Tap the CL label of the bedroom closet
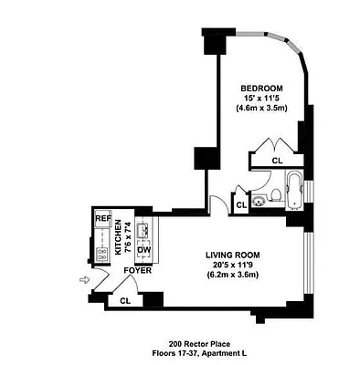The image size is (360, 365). coord(276,162)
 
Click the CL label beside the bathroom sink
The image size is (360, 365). coord(241,206)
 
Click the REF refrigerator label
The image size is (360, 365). coord(103,219)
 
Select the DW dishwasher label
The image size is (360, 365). coord(143,252)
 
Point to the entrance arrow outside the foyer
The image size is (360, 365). coord(86,281)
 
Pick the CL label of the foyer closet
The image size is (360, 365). coord(123,299)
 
